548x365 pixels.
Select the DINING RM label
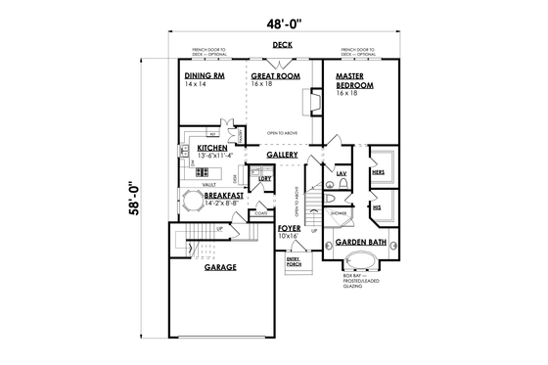click(x=204, y=75)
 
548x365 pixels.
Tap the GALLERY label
click(x=282, y=155)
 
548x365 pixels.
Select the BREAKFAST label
click(x=224, y=196)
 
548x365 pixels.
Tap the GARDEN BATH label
click(x=359, y=242)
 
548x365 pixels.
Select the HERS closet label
click(x=378, y=172)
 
